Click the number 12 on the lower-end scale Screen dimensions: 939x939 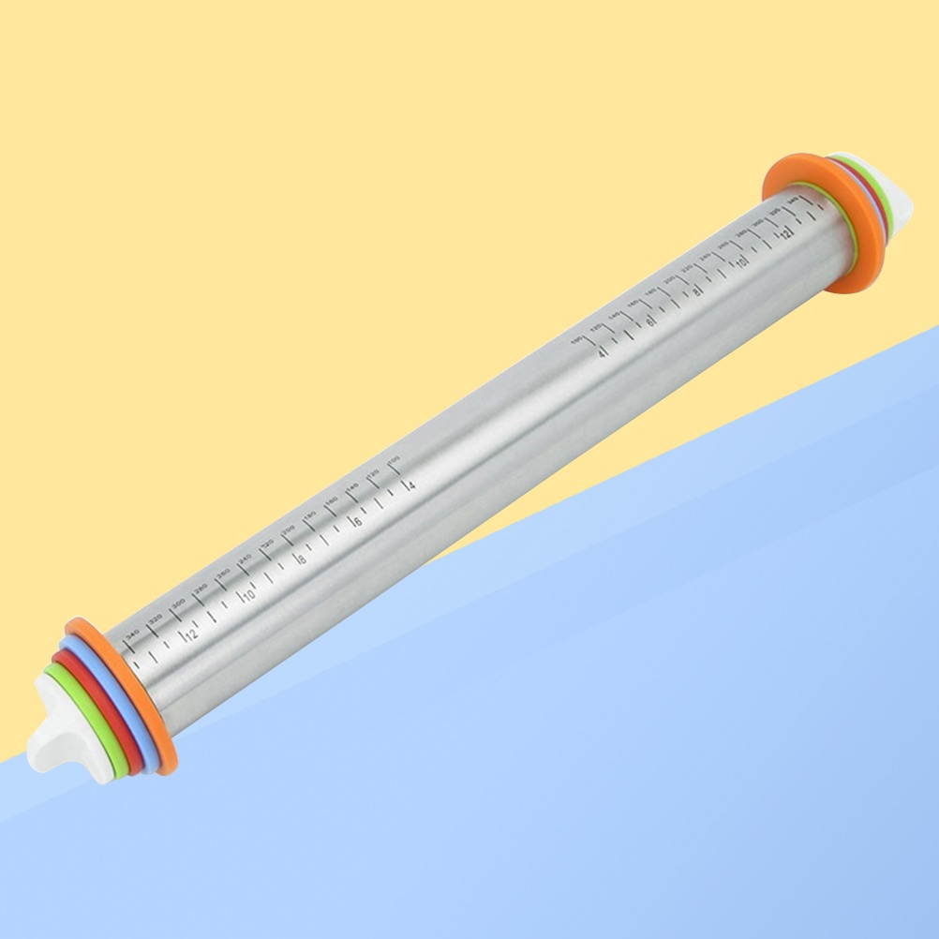[191, 634]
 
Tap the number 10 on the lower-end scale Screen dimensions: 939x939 [248, 596]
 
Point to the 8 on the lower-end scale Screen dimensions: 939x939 [302, 559]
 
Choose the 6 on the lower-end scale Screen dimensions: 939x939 [357, 521]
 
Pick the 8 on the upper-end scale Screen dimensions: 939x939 [695, 291]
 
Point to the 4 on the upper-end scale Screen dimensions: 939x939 [603, 352]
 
